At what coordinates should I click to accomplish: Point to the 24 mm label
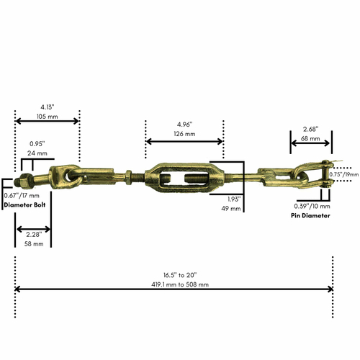point(38,153)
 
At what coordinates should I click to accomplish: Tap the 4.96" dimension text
point(184,123)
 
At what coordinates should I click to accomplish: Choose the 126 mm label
point(185,134)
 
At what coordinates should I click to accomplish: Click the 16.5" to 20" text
point(174,274)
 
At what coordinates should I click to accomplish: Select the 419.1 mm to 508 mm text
point(174,284)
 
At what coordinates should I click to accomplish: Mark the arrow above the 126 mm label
point(184,141)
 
